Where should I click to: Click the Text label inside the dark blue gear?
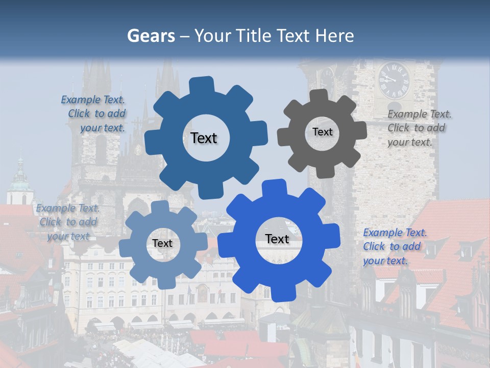204,138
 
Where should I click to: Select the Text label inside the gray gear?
322,132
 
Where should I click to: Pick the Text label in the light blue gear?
162,243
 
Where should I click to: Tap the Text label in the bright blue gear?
277,239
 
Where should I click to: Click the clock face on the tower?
394,80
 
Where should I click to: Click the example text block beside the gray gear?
419,128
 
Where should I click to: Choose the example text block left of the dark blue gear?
94,114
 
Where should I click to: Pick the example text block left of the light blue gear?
68,222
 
